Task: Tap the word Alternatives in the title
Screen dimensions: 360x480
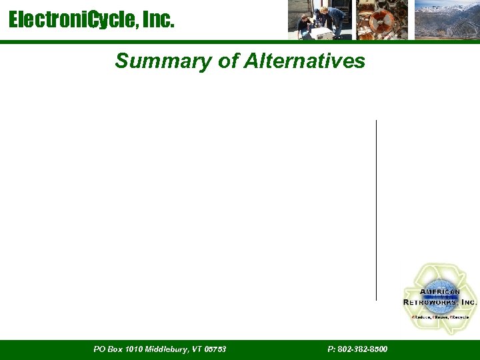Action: pyautogui.click(x=304, y=61)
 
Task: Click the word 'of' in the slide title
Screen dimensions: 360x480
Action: pyautogui.click(x=227, y=61)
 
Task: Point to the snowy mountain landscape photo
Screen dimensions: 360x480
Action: pyautogui.click(x=446, y=20)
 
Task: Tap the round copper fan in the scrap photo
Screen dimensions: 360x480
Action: pyautogui.click(x=385, y=20)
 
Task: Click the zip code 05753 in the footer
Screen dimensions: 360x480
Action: pyautogui.click(x=215, y=349)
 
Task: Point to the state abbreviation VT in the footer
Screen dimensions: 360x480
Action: pyautogui.click(x=197, y=349)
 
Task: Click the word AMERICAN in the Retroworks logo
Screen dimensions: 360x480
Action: pyautogui.click(x=440, y=292)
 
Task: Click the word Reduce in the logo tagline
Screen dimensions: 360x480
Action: pyautogui.click(x=420, y=317)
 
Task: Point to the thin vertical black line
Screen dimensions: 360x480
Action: pyautogui.click(x=376, y=210)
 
